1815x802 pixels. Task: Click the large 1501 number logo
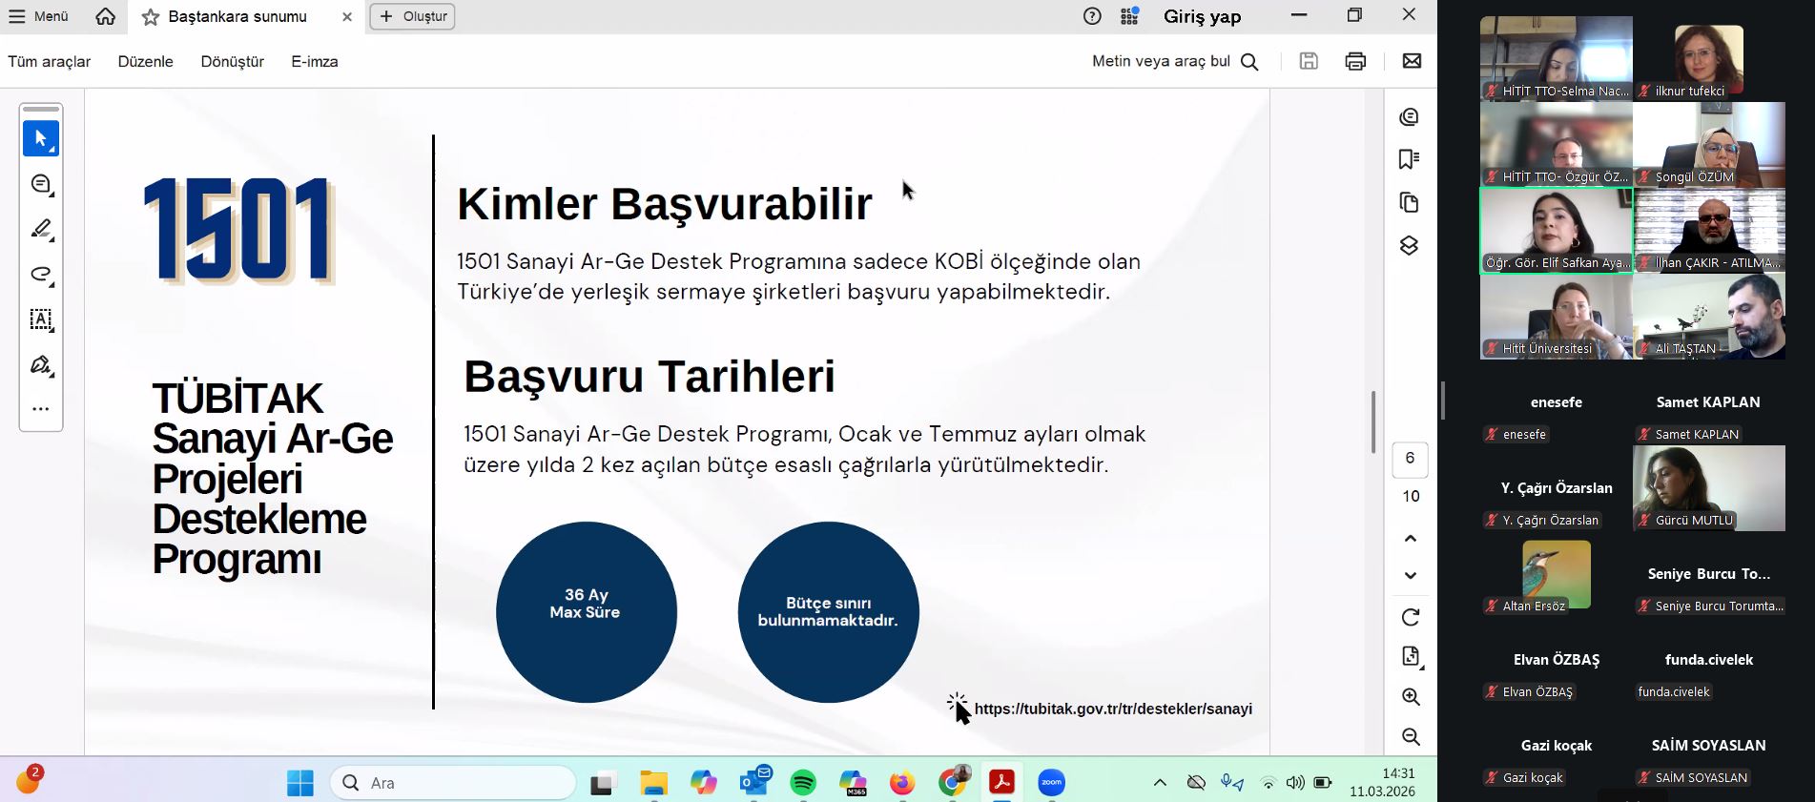[238, 232]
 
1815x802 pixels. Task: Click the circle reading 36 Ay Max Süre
[587, 612]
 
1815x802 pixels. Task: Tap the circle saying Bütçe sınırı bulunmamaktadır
[829, 612]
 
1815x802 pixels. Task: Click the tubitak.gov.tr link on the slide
[1113, 709]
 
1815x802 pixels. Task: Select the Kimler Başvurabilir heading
[665, 204]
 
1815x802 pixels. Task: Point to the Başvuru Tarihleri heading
[650, 377]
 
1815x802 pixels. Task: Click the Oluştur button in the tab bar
[412, 16]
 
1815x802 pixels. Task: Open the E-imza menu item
[315, 62]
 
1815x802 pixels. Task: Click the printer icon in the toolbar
[1355, 62]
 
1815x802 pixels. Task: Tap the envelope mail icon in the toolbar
[1412, 61]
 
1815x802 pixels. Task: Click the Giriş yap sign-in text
[1203, 16]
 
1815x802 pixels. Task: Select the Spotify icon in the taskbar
[803, 783]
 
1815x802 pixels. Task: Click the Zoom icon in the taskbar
[1051, 783]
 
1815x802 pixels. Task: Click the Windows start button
[300, 783]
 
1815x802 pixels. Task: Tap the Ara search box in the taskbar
[454, 783]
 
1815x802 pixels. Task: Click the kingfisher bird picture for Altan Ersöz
[1557, 574]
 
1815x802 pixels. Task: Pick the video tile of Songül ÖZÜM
[1709, 145]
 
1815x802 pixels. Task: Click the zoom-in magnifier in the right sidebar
[1411, 697]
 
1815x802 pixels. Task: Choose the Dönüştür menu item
[233, 62]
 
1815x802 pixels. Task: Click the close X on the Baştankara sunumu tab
[347, 17]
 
